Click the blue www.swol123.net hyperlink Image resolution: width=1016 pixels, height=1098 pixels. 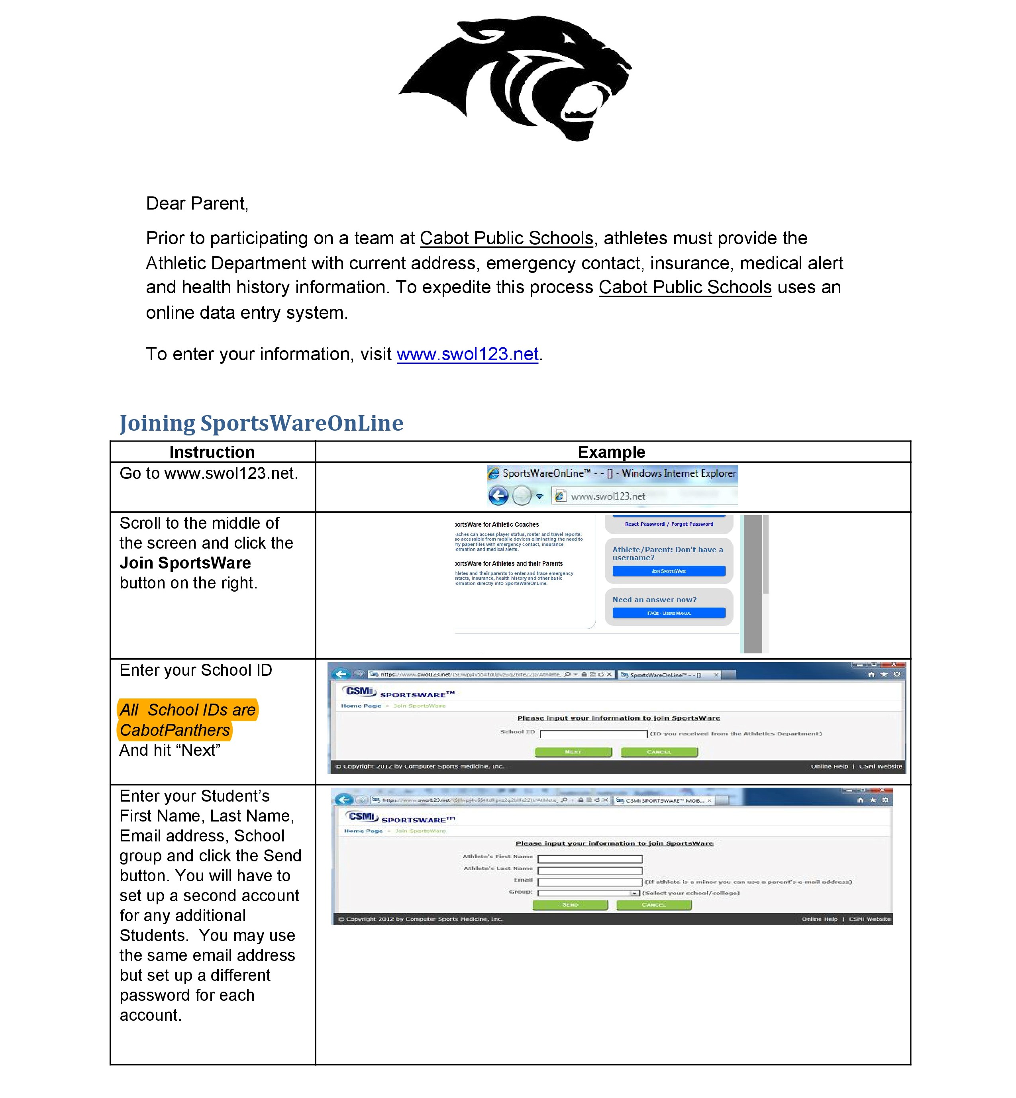click(x=467, y=354)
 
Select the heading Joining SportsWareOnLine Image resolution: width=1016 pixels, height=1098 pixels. click(x=261, y=424)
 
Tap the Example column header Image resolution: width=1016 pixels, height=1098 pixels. click(x=611, y=452)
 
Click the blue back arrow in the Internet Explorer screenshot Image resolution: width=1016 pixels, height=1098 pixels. click(x=498, y=496)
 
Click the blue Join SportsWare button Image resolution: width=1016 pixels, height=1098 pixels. click(x=669, y=571)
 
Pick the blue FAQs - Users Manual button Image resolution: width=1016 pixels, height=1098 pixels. click(x=669, y=613)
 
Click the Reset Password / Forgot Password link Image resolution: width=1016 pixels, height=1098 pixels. click(x=669, y=524)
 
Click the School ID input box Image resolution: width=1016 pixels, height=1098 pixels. click(x=593, y=734)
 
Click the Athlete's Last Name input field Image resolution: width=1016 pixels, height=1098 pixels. click(x=590, y=871)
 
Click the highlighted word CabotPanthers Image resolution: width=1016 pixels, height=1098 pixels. click(x=175, y=730)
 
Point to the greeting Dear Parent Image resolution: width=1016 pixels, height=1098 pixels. click(x=197, y=204)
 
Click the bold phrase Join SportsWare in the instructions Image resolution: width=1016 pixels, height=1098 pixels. click(x=185, y=563)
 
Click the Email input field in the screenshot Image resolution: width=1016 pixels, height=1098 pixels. click(x=590, y=882)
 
